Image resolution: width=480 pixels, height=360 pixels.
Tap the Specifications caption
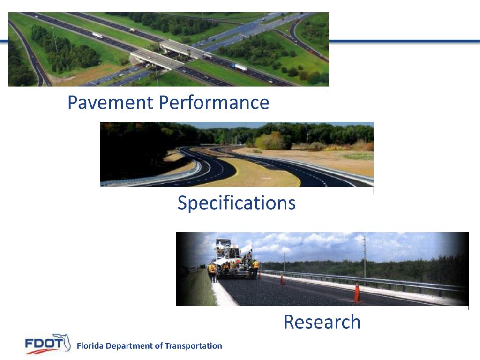[x=236, y=203]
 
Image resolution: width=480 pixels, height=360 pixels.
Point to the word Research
[x=322, y=322]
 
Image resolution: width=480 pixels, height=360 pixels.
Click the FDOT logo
[x=47, y=345]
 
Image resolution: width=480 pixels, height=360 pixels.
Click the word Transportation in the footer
[x=194, y=346]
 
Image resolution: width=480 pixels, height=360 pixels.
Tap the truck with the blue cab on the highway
[x=241, y=67]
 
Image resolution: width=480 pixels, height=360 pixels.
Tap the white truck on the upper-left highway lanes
[x=97, y=36]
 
